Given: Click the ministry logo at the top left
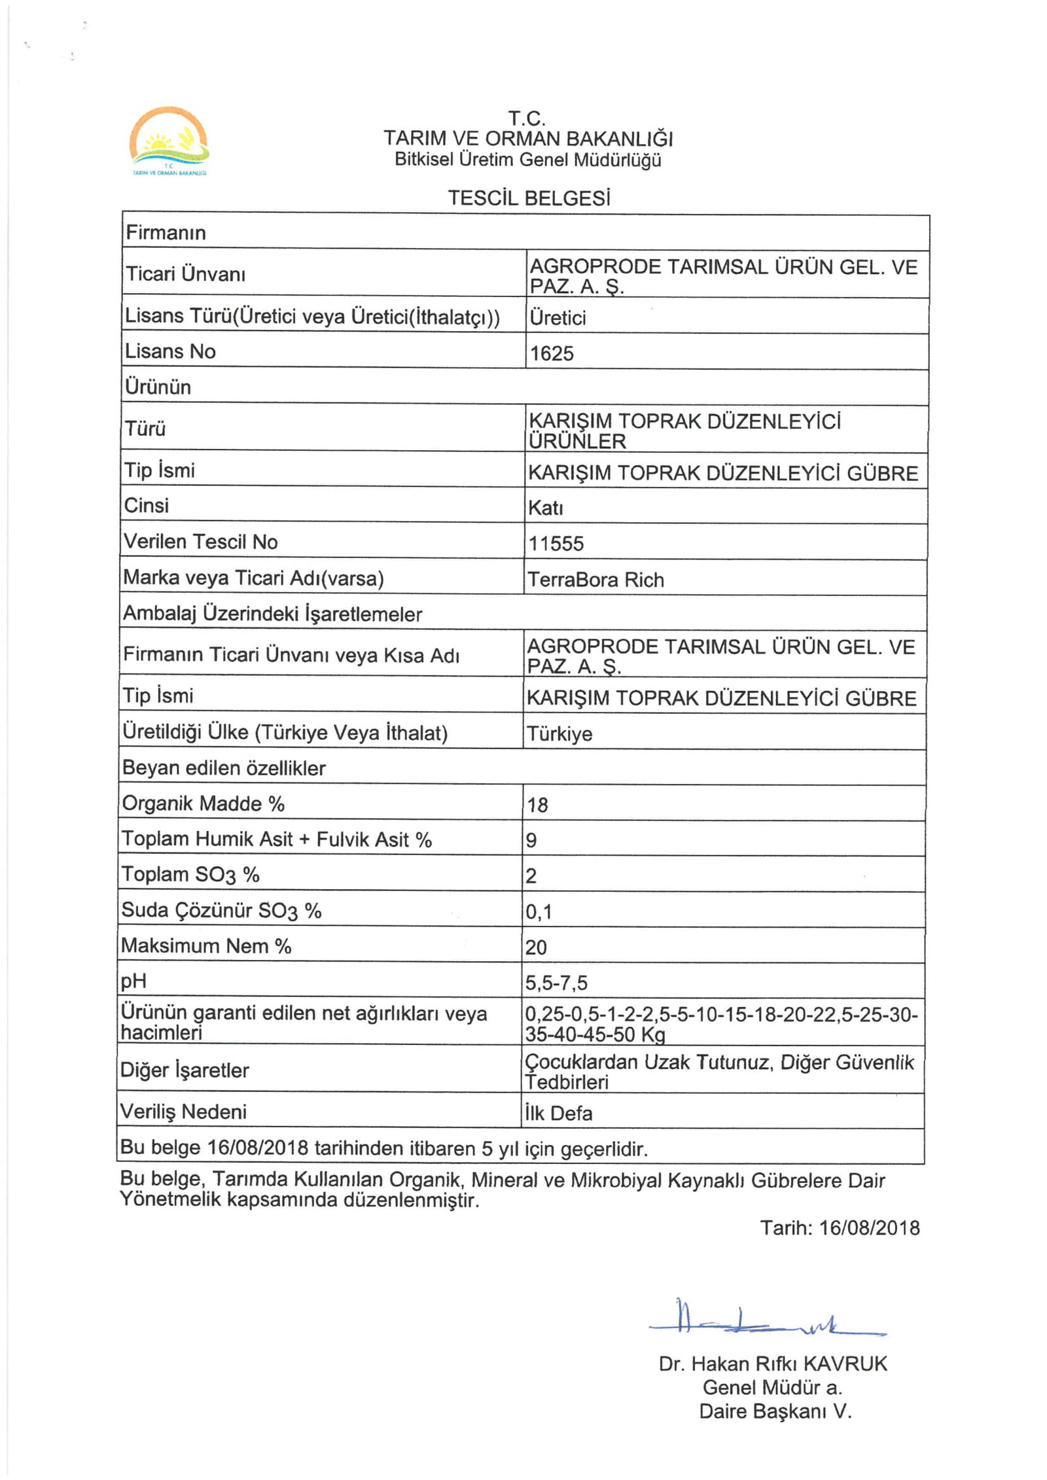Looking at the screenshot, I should (169, 141).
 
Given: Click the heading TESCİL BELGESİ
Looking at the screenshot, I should (529, 198).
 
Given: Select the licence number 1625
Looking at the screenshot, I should (552, 353).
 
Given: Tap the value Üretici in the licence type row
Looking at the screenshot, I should (558, 318).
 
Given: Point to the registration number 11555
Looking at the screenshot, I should (556, 544).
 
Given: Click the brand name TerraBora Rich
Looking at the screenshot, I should (595, 580).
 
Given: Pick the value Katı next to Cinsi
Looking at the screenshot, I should (546, 508).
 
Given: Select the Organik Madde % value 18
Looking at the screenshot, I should (537, 805).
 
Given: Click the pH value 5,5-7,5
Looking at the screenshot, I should (556, 983).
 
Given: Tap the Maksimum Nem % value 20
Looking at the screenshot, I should (536, 947).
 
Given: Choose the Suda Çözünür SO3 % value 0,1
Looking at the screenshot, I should (539, 911).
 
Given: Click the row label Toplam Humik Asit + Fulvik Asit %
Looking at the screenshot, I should (277, 839).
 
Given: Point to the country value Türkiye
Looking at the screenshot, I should (559, 734).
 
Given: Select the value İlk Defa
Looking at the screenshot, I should (558, 1113).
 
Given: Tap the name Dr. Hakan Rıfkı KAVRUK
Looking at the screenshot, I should (773, 1364).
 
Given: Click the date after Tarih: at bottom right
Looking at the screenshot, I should (869, 1227).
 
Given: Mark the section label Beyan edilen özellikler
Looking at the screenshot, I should (224, 767).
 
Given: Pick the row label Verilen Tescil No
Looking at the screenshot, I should (201, 542).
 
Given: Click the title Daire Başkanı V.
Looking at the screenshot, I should (775, 1411).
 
